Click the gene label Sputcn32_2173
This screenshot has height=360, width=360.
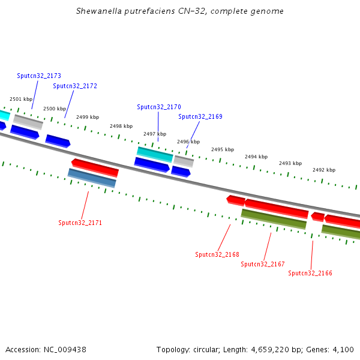(39, 76)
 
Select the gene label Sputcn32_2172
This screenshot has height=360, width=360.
(75, 86)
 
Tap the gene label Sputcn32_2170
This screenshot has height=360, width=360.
(159, 107)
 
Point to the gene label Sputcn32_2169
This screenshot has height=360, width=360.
(200, 116)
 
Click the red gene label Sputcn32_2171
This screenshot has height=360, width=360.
(80, 223)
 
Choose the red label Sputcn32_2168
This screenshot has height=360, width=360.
(217, 254)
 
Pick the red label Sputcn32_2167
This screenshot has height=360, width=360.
(263, 264)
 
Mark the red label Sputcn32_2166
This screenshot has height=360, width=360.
(310, 273)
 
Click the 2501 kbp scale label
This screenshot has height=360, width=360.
(21, 99)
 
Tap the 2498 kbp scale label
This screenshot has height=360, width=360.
(121, 126)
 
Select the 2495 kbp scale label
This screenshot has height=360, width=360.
(223, 149)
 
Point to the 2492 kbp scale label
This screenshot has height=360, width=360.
(324, 170)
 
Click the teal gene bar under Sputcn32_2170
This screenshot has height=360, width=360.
(155, 154)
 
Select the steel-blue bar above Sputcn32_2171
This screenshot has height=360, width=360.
(92, 178)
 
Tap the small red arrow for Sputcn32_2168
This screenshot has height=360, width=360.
(235, 199)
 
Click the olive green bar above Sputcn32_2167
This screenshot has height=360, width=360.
(274, 219)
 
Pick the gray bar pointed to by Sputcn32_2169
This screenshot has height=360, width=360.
(184, 161)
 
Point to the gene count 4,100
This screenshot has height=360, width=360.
(343, 349)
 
